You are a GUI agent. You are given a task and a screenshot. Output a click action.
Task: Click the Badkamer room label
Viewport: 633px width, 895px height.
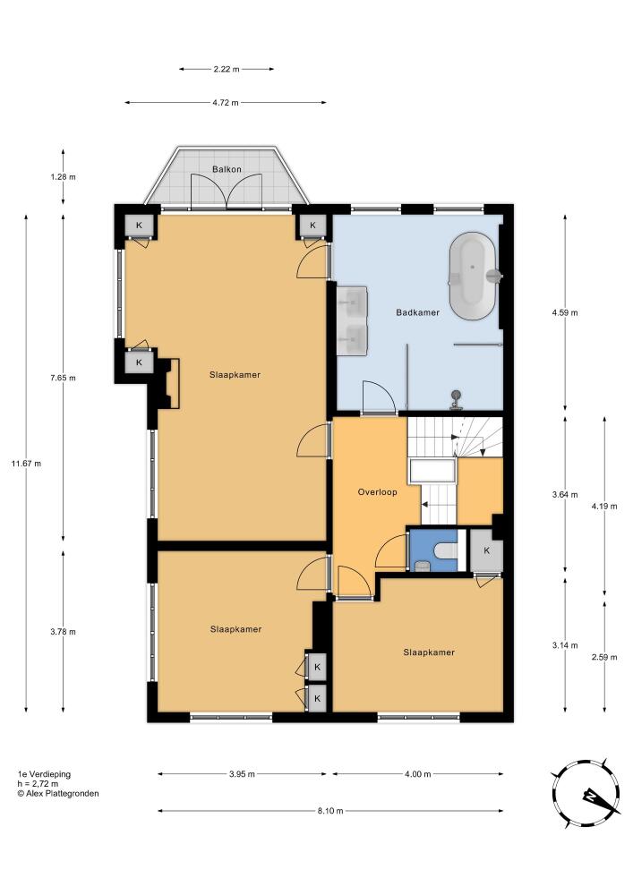418,312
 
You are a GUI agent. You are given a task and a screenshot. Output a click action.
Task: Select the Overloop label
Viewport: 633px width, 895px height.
377,491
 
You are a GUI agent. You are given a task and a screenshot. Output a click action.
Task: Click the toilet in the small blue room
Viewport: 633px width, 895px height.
445,550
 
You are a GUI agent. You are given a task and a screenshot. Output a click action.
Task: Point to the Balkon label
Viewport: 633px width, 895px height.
227,169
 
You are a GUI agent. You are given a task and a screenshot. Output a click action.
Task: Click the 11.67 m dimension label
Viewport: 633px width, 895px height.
26,464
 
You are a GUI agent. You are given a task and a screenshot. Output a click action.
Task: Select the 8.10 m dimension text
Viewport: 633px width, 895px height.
331,811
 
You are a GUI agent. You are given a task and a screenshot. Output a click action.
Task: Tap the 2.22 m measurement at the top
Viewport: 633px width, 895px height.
227,69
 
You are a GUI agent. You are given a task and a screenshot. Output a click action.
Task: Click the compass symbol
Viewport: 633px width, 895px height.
586,794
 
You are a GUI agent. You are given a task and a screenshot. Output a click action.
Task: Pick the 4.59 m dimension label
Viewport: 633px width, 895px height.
565,312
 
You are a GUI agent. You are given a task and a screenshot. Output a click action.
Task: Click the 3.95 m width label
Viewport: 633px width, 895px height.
242,774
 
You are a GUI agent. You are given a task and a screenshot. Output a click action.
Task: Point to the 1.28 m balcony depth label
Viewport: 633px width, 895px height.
63,177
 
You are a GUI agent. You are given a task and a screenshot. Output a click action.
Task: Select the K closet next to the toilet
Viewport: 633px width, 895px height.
486,550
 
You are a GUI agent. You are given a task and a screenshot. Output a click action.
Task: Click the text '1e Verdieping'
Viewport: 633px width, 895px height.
44,774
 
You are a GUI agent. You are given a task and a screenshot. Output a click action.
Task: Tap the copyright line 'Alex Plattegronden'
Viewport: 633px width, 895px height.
58,793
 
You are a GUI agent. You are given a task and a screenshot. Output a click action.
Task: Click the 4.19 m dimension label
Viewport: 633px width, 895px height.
604,506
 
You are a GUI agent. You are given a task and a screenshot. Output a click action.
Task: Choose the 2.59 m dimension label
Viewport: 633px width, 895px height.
604,657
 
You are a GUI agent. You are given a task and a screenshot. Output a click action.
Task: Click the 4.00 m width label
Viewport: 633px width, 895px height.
418,774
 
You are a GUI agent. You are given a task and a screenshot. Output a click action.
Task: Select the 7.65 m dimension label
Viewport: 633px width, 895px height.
63,378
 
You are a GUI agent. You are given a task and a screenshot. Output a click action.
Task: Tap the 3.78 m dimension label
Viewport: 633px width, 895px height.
63,632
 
